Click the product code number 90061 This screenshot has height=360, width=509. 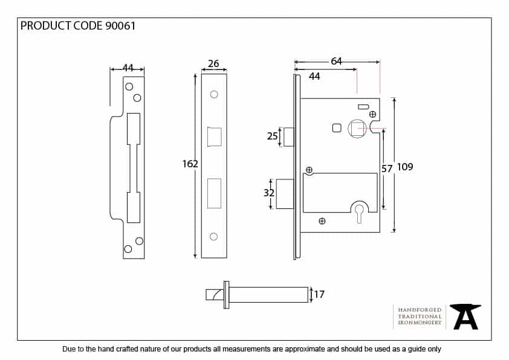click(x=120, y=26)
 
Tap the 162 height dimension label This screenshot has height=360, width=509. click(x=190, y=164)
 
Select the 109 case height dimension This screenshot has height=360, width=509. click(x=405, y=167)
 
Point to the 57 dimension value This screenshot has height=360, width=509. click(x=387, y=169)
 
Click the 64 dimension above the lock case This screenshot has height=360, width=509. click(x=336, y=61)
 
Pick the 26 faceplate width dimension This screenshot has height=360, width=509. click(x=213, y=63)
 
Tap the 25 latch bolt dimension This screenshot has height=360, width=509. click(x=273, y=136)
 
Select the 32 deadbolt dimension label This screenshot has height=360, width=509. click(x=269, y=193)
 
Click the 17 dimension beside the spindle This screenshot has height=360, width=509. click(x=319, y=294)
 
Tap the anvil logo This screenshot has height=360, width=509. click(x=465, y=317)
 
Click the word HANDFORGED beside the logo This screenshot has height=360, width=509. click(x=420, y=310)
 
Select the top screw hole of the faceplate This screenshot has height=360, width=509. click(x=214, y=94)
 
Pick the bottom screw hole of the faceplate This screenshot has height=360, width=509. click(x=213, y=236)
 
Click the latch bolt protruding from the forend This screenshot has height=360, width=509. click(x=288, y=137)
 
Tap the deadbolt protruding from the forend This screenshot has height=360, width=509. click(x=285, y=194)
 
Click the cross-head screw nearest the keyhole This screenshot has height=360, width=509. click(x=322, y=221)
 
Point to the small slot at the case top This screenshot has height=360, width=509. click(x=363, y=107)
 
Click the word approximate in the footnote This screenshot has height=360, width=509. click(x=305, y=349)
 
